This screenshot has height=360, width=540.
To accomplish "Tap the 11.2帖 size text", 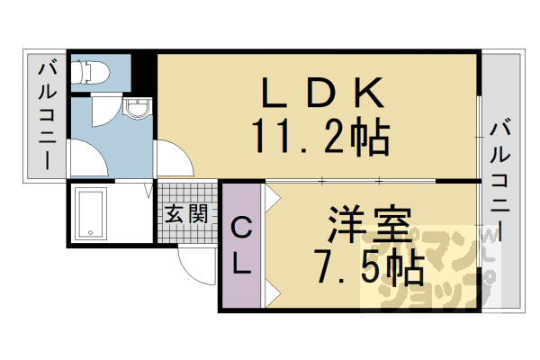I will [x=319, y=138].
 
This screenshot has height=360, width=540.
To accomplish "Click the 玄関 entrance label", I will [x=187, y=214].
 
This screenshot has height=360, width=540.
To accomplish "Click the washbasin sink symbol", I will [x=139, y=112].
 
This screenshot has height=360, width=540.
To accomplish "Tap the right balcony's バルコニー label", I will [x=501, y=180].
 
